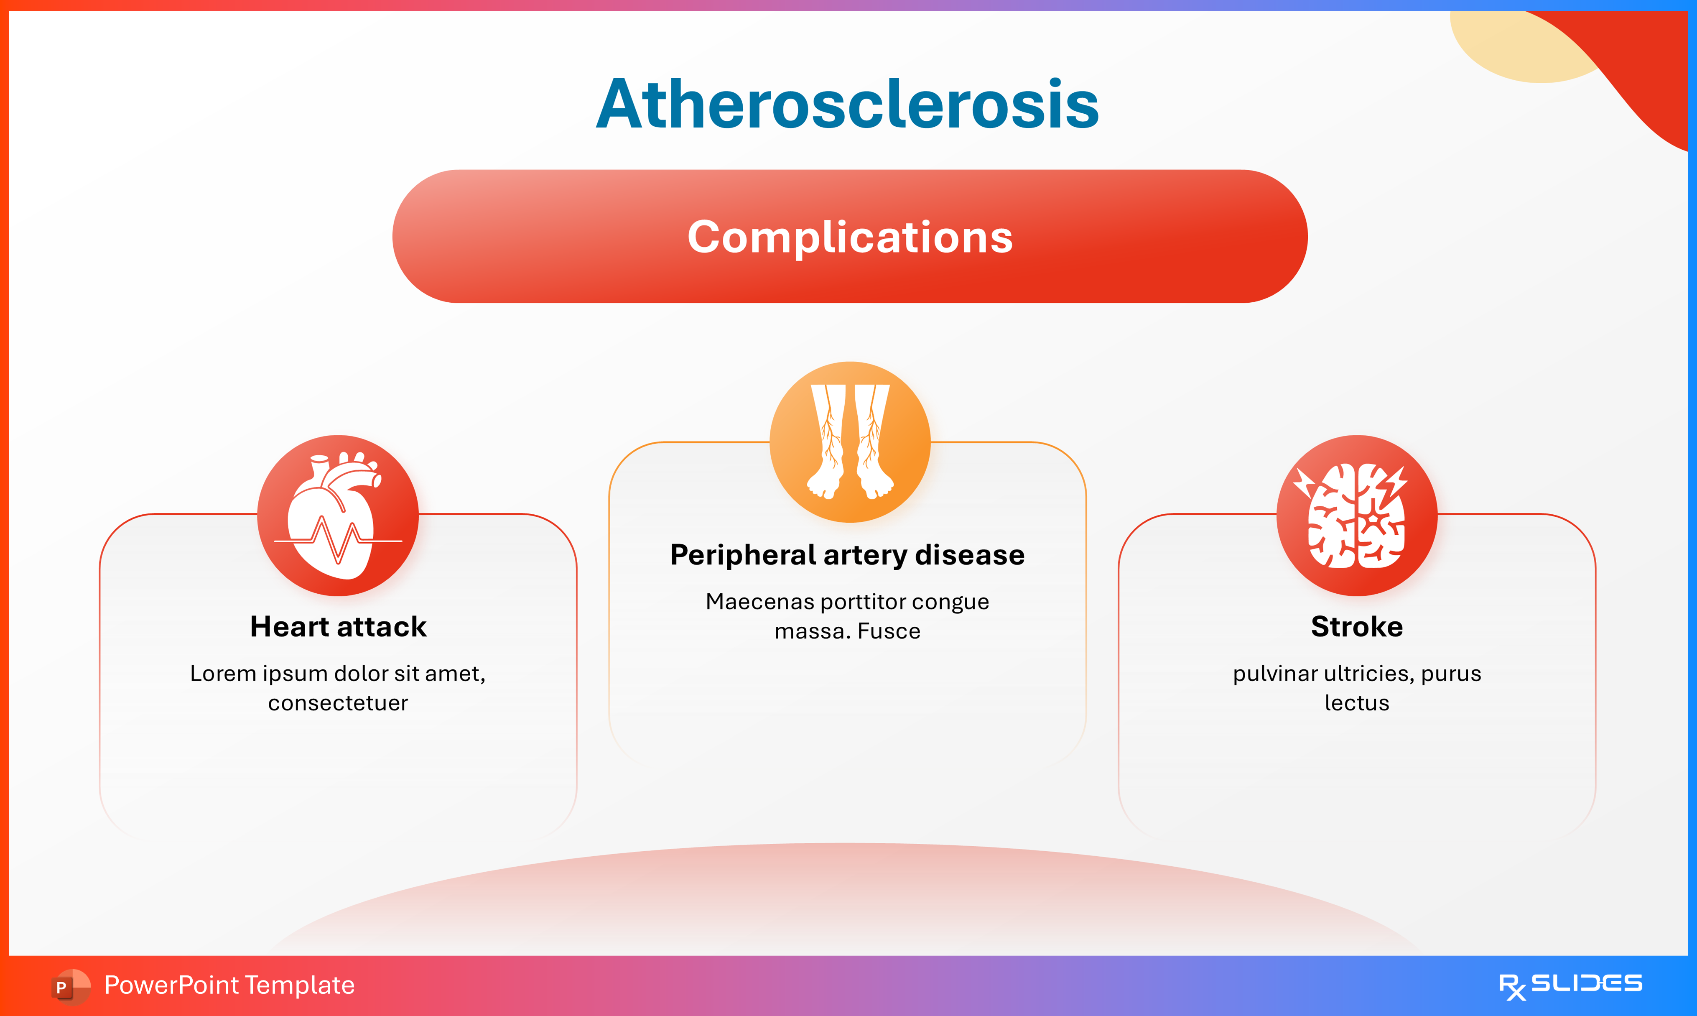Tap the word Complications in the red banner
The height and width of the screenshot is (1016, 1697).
point(850,237)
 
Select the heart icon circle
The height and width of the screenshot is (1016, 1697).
point(338,516)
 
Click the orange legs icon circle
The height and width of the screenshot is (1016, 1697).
point(850,442)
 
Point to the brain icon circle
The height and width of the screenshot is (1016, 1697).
point(1357,516)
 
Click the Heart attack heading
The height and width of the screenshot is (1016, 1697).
point(338,626)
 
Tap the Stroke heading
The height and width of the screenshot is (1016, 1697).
point(1357,626)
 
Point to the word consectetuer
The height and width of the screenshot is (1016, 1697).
point(338,703)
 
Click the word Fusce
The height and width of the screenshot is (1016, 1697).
point(889,631)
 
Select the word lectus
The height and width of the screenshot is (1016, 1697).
point(1357,703)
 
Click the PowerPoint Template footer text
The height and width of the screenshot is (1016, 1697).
point(229,985)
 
